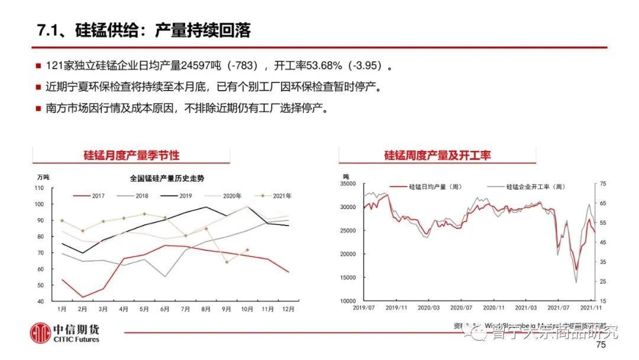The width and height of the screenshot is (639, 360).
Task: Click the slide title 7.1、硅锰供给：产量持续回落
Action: coord(144,31)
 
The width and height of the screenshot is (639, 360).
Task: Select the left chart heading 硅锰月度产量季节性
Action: coord(131,156)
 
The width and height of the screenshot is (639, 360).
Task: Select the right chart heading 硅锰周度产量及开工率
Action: coord(437,156)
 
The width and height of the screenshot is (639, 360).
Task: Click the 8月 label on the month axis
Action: coord(206,309)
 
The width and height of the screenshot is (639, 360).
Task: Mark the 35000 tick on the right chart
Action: coord(347,184)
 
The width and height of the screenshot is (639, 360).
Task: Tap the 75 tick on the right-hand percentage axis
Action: coord(602,184)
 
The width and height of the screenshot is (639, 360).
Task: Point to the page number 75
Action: coord(601,345)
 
